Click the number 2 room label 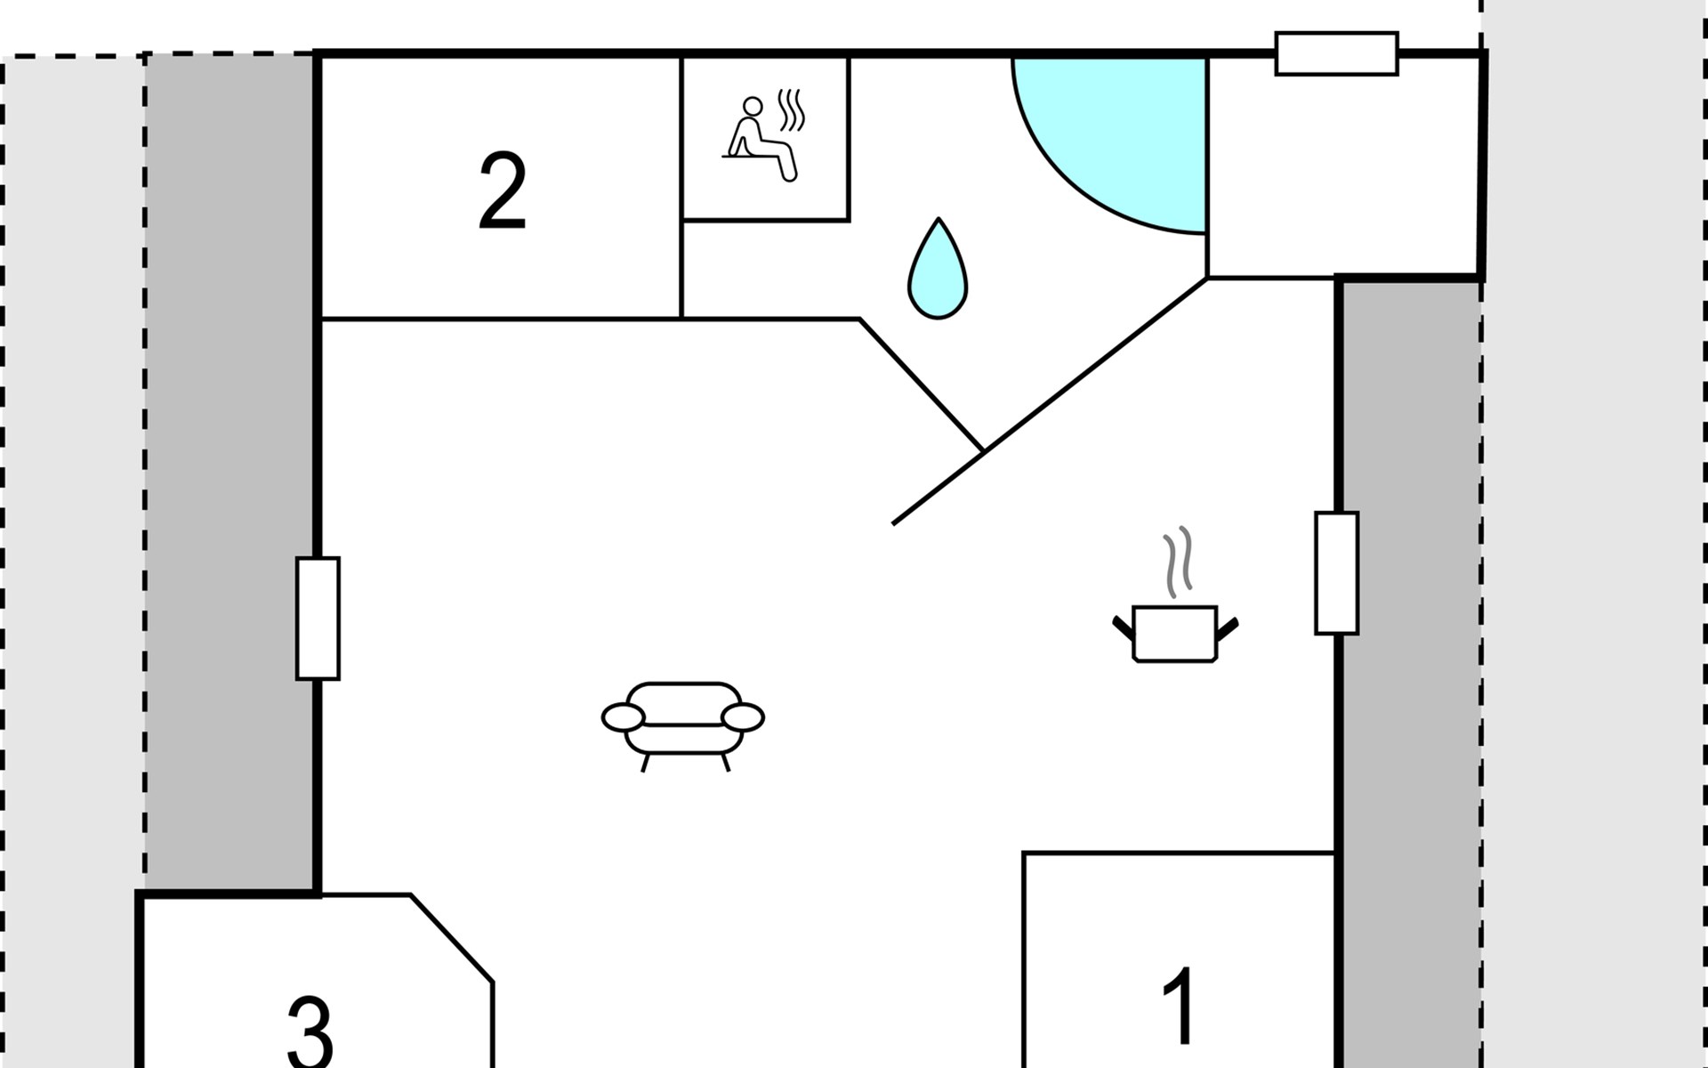click(503, 191)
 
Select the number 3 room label click(310, 1032)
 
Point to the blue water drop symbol click(938, 270)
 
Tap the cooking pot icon click(1175, 634)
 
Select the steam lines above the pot click(1178, 562)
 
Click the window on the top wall click(1336, 53)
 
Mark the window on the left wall click(318, 619)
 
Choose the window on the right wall click(1336, 573)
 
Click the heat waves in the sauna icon click(792, 109)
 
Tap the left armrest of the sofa click(623, 716)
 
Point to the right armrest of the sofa click(743, 716)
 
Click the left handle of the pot click(1123, 627)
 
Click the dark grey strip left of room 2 click(230, 472)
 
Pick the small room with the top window click(1343, 167)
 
